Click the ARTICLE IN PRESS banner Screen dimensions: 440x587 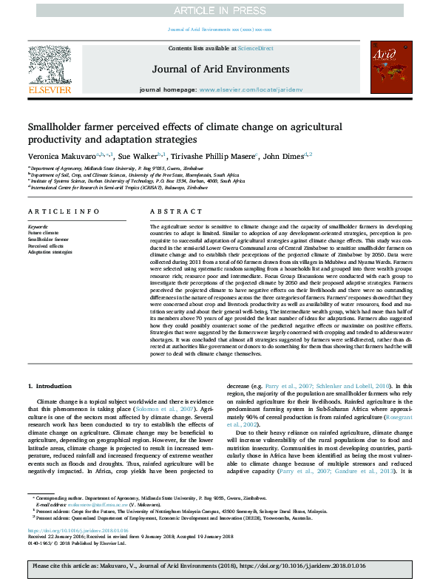[x=220, y=10]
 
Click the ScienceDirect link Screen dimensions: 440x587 [x=256, y=48]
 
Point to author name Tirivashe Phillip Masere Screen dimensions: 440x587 [x=210, y=156]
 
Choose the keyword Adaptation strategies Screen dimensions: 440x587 [x=50, y=252]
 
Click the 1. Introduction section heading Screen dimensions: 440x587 [x=50, y=386]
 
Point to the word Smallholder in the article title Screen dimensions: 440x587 [x=61, y=126]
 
